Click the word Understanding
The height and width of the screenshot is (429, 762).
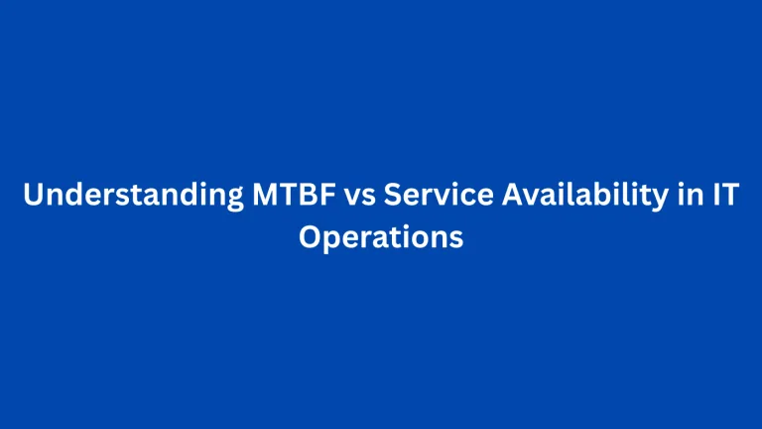point(128,197)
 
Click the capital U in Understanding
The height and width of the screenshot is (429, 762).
point(33,197)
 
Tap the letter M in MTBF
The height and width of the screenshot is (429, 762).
point(254,197)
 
